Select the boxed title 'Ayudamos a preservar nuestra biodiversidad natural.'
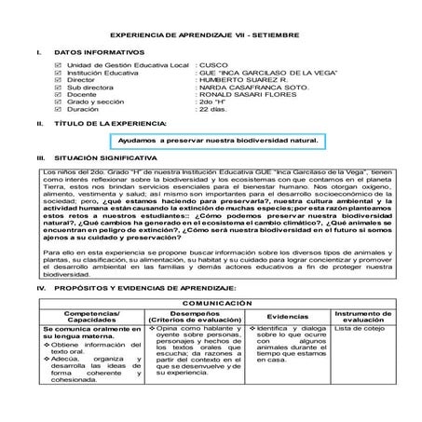218,141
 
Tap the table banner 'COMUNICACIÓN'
211,304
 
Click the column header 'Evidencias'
293,317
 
